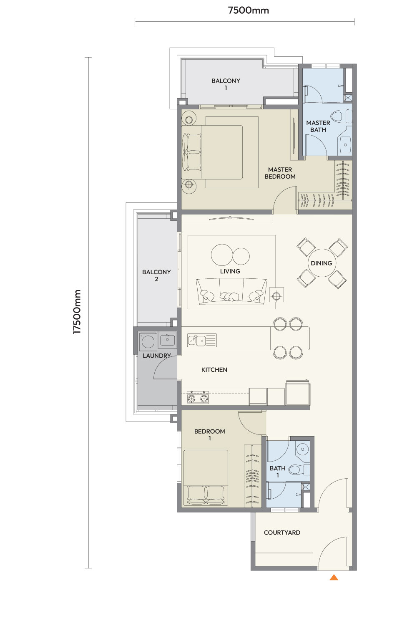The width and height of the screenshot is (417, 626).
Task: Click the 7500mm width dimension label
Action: click(248, 10)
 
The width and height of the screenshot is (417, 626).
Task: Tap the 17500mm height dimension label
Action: click(77, 312)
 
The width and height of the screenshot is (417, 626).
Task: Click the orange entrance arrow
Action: click(334, 577)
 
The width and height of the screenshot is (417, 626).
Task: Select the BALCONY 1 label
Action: click(226, 84)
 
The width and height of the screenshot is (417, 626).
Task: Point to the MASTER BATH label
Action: click(318, 126)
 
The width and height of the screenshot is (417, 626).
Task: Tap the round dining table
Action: click(322, 263)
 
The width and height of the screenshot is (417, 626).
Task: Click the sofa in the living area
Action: click(231, 291)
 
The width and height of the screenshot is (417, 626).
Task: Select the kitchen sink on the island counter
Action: click(202, 341)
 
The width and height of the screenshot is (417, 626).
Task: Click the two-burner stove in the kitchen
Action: click(198, 397)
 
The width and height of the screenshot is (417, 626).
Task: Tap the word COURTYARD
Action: click(282, 533)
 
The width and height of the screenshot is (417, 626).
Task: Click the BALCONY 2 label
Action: click(156, 275)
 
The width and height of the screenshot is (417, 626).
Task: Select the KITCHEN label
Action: click(214, 370)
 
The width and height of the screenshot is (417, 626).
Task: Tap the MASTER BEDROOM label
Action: click(280, 173)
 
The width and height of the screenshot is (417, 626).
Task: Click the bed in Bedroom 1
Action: click(206, 478)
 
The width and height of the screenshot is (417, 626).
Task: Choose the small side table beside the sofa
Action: click(276, 295)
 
